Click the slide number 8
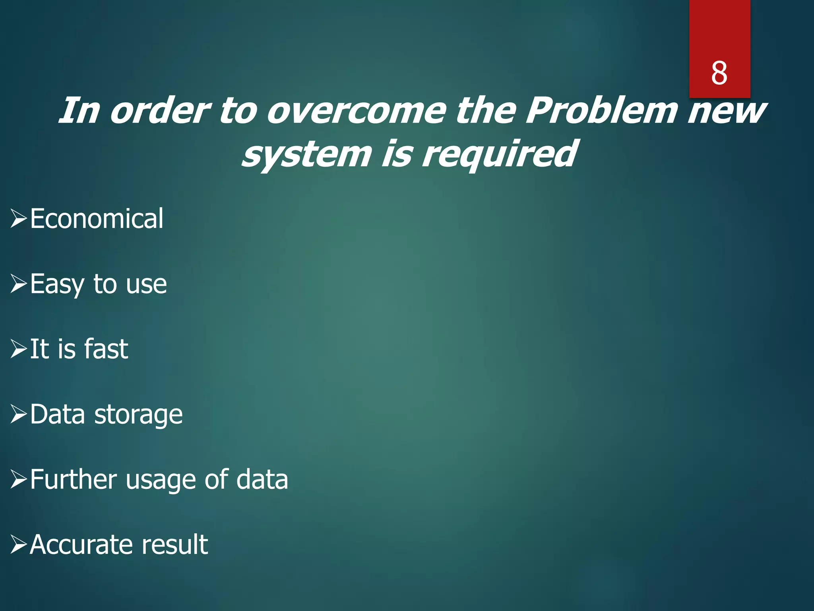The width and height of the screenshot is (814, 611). click(x=719, y=74)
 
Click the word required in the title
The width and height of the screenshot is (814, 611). click(x=499, y=154)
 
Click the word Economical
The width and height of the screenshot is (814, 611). click(x=97, y=218)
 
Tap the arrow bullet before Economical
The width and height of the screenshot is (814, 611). click(x=19, y=218)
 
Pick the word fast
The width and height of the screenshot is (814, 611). click(x=106, y=349)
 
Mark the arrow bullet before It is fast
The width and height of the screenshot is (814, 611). click(x=19, y=349)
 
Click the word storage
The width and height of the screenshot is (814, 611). click(x=138, y=415)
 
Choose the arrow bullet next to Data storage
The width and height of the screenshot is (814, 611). click(x=19, y=414)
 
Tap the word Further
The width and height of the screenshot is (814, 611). click(x=74, y=479)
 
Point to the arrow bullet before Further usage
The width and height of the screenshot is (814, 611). click(x=19, y=479)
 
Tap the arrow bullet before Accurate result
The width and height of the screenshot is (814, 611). click(x=19, y=545)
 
